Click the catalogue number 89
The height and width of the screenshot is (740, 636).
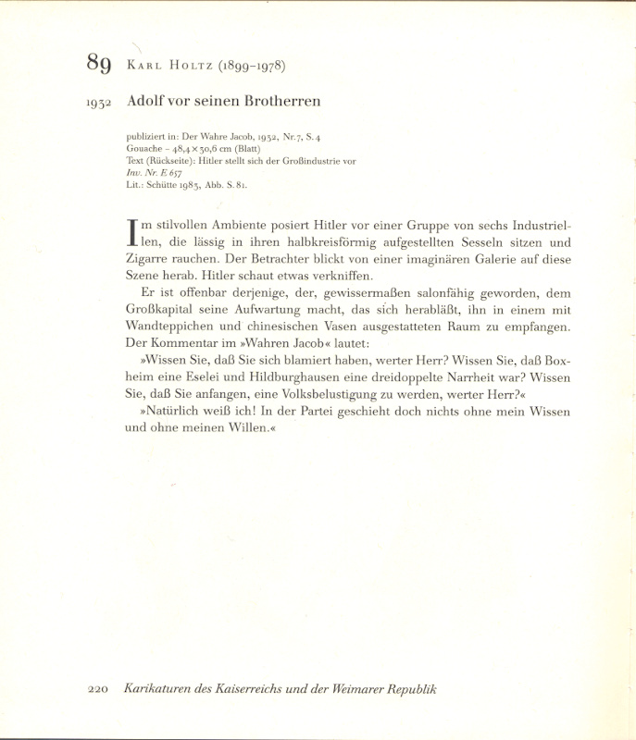click(99, 63)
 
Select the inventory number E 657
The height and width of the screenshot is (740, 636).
click(173, 173)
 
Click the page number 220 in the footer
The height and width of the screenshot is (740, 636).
click(99, 690)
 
